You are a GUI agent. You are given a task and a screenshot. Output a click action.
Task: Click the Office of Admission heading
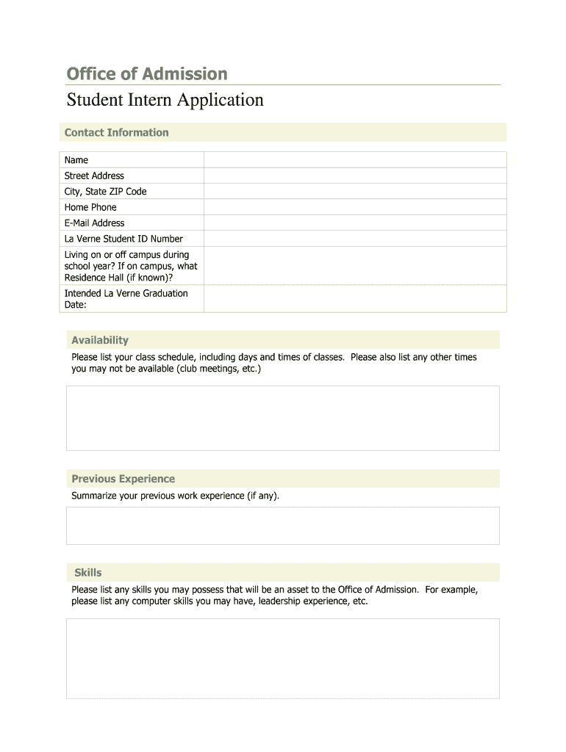pyautogui.click(x=147, y=73)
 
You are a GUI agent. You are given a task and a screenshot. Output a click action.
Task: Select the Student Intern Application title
pyautogui.click(x=165, y=99)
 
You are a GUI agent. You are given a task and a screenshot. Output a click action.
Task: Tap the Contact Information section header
pyautogui.click(x=117, y=132)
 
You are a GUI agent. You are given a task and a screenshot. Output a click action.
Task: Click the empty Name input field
pyautogui.click(x=354, y=160)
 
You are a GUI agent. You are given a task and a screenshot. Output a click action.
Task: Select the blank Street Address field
pyautogui.click(x=354, y=176)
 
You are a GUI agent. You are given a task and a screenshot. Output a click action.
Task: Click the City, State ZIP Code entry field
pyautogui.click(x=354, y=192)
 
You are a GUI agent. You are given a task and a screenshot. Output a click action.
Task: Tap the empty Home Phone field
pyautogui.click(x=354, y=207)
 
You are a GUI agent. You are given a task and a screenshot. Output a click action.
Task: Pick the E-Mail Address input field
pyautogui.click(x=354, y=223)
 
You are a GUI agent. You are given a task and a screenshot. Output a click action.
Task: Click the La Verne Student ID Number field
pyautogui.click(x=354, y=239)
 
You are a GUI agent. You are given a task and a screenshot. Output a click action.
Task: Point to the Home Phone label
pyautogui.click(x=90, y=207)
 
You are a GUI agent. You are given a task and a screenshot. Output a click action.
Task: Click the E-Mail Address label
pyautogui.click(x=95, y=223)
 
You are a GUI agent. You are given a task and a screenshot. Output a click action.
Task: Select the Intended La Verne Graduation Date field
pyautogui.click(x=354, y=299)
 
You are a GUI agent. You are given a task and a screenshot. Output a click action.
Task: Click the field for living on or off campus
pyautogui.click(x=354, y=266)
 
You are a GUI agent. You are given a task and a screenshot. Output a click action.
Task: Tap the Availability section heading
pyautogui.click(x=100, y=340)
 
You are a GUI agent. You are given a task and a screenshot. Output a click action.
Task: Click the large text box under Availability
pyautogui.click(x=282, y=418)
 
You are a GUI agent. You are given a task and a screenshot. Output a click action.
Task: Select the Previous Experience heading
pyautogui.click(x=123, y=479)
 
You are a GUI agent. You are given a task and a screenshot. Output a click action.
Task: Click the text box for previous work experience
pyautogui.click(x=282, y=526)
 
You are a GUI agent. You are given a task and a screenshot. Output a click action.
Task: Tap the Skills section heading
pyautogui.click(x=88, y=573)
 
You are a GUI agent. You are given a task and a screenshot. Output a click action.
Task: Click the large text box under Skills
pyautogui.click(x=282, y=658)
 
